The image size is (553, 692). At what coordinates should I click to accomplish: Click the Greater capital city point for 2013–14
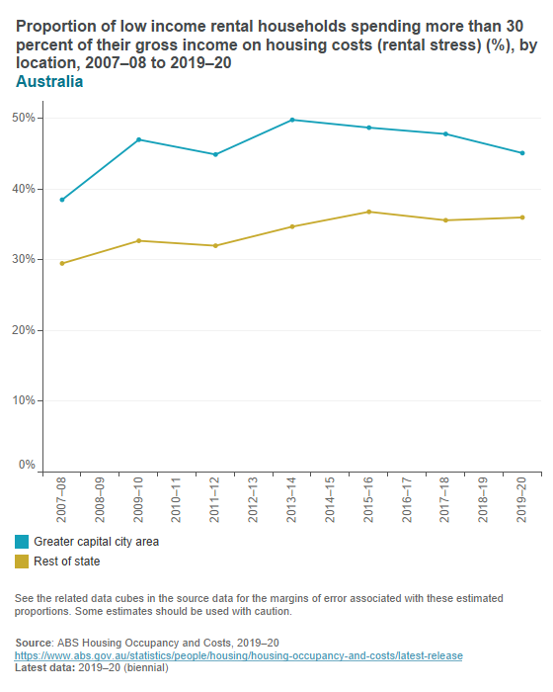click(x=292, y=120)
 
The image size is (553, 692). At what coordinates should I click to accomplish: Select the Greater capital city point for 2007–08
click(x=62, y=200)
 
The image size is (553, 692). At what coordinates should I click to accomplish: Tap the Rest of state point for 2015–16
click(x=369, y=212)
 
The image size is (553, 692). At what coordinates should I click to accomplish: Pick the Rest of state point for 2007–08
click(x=62, y=263)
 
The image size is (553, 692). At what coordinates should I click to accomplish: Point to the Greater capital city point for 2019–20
click(x=522, y=153)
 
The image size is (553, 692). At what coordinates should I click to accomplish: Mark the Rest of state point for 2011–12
click(x=215, y=245)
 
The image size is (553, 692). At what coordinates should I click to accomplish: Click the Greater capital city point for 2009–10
click(x=139, y=139)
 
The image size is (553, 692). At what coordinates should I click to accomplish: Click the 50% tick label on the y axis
click(x=24, y=118)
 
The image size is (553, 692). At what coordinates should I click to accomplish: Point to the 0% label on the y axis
click(x=27, y=465)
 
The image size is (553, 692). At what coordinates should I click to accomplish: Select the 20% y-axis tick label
click(x=24, y=330)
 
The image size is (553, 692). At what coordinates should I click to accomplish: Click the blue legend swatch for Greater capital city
click(x=22, y=542)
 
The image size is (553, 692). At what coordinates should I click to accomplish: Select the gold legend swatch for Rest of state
click(x=22, y=562)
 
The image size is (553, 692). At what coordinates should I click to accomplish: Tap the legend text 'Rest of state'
click(x=67, y=562)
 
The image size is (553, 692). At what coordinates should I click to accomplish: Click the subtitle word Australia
click(x=49, y=82)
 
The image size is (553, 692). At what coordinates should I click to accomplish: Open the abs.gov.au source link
click(x=238, y=655)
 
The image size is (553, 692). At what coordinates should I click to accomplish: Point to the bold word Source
click(x=34, y=642)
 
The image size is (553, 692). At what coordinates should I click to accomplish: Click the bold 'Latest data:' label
click(x=44, y=668)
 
